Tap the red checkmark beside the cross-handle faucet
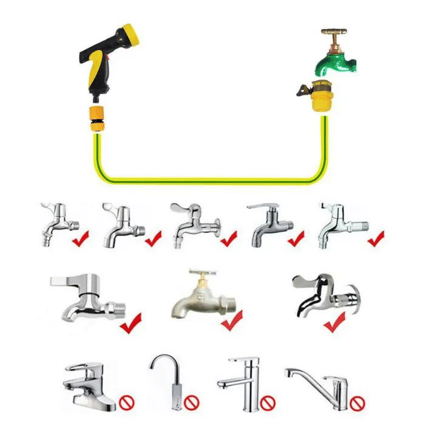pyautogui.click(x=232, y=321)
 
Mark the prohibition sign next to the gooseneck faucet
pyautogui.click(x=192, y=402)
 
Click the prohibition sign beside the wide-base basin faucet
pyautogui.click(x=128, y=402)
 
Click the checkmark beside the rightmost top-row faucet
pyautogui.click(x=376, y=239)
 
